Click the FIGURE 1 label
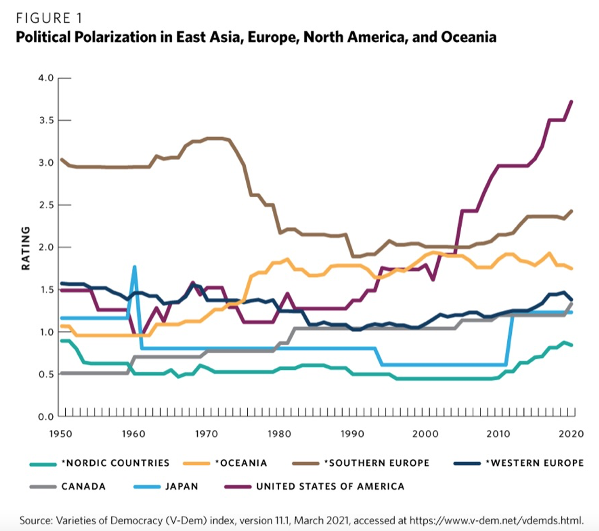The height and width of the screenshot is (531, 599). [50, 19]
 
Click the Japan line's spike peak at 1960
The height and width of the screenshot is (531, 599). [135, 267]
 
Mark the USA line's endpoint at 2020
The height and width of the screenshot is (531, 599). [572, 101]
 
